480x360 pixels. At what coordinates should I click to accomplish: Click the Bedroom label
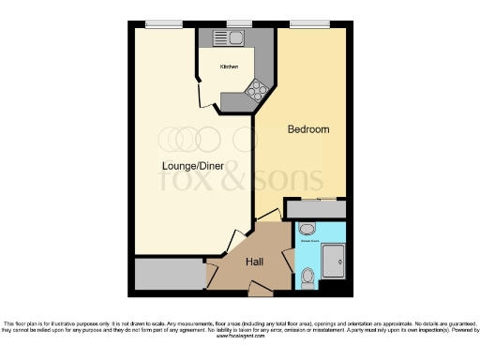tap(307, 129)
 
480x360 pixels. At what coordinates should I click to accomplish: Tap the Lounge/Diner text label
tap(191, 166)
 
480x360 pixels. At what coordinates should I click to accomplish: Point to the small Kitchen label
tap(229, 67)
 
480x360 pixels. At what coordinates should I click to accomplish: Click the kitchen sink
tap(227, 38)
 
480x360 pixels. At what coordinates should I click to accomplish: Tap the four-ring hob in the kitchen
tap(255, 89)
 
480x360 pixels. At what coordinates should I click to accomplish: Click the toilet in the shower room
tap(309, 276)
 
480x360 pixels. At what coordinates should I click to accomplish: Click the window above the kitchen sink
tap(240, 23)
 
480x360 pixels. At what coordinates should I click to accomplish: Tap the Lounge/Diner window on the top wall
tap(163, 23)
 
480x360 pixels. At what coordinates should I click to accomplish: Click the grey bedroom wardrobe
tap(316, 209)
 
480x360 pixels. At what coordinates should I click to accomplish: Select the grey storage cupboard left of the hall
tap(169, 274)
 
